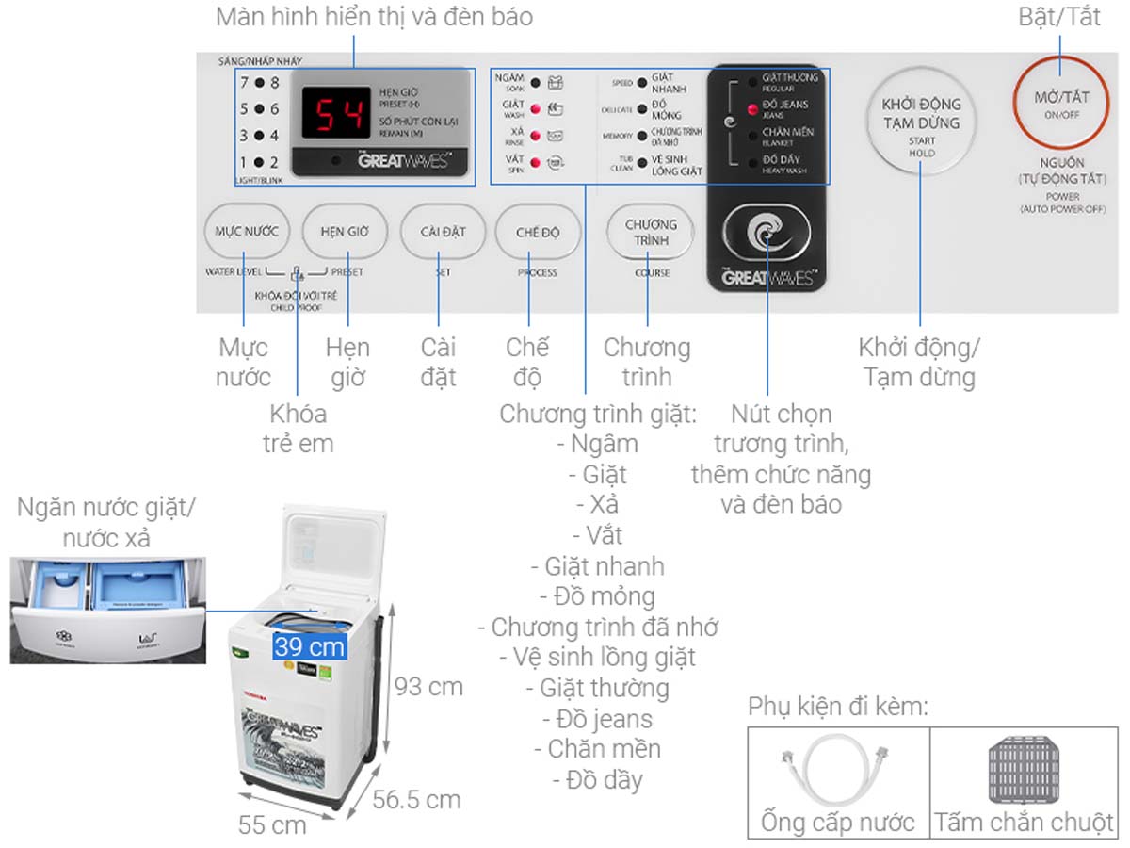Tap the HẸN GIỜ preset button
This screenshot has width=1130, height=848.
345,232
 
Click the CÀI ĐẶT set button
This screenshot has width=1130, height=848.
443,232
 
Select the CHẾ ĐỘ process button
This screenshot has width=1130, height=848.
538,232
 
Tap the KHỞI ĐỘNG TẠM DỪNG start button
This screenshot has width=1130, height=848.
921,122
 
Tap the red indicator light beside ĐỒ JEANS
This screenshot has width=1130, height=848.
753,109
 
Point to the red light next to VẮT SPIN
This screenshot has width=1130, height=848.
535,163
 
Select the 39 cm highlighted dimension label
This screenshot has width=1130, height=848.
310,647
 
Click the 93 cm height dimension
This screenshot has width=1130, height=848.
428,687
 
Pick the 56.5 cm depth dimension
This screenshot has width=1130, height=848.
416,800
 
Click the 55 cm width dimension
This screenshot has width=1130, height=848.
272,824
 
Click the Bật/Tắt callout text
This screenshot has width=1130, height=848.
1059,17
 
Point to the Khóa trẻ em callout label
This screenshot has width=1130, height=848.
298,429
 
